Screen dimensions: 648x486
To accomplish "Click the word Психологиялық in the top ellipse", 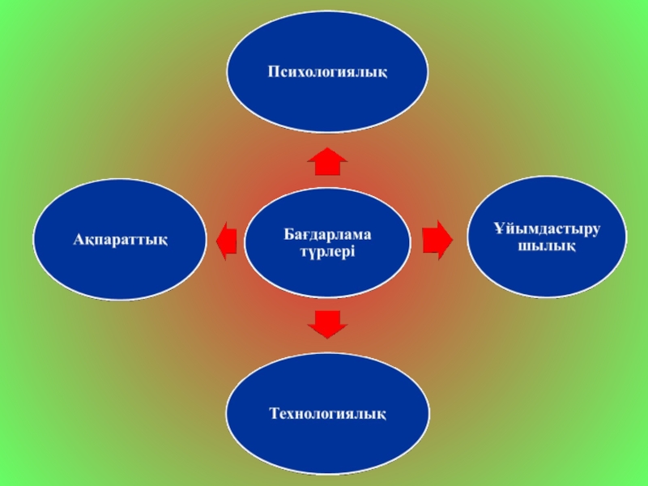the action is click(x=328, y=72).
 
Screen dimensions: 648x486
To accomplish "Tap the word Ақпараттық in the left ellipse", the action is click(x=120, y=240).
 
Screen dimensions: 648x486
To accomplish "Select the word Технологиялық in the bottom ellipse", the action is click(x=328, y=414).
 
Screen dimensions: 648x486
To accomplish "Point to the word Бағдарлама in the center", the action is click(x=327, y=234).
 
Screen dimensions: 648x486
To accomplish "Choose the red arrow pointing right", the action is click(x=437, y=240).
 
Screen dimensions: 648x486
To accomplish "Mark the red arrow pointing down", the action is click(x=328, y=324).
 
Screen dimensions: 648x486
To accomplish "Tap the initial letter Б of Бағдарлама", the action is click(x=288, y=234).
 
